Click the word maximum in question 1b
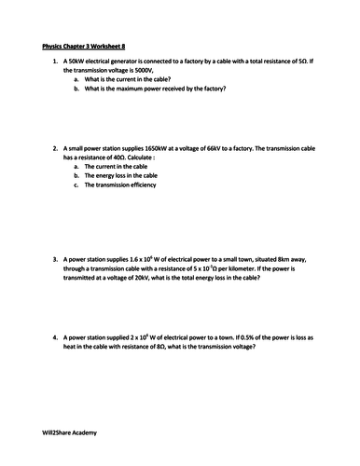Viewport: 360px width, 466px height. point(131,89)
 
